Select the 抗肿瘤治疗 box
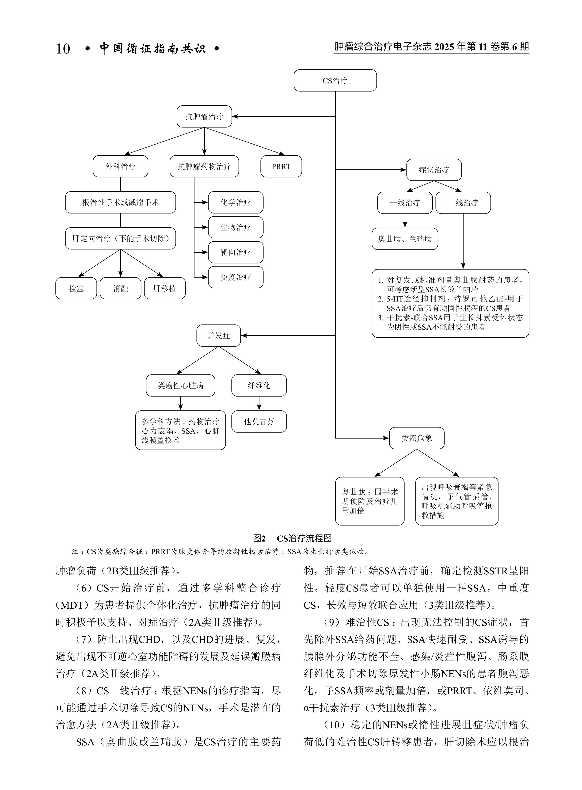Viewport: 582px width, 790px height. [x=204, y=117]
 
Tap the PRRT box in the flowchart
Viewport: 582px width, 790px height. [x=281, y=166]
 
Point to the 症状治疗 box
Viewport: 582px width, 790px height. [x=434, y=170]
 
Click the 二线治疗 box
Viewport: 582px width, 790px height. [x=463, y=203]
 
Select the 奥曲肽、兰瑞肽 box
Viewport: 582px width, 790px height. [x=405, y=239]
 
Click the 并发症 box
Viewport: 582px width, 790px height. [x=218, y=336]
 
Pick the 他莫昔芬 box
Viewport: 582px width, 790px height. [x=259, y=421]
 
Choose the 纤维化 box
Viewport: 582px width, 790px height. [x=259, y=385]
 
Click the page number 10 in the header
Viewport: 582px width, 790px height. [x=63, y=49]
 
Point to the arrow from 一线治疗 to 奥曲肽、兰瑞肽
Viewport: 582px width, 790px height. [x=405, y=221]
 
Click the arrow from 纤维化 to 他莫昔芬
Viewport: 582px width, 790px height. [x=259, y=404]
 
